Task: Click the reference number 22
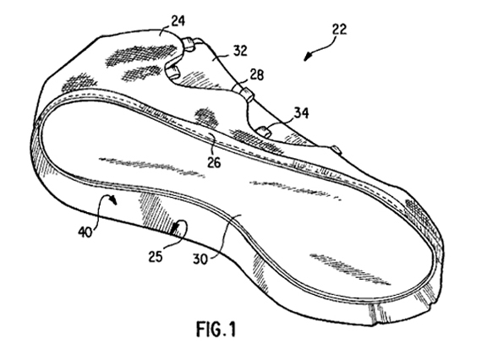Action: point(339,30)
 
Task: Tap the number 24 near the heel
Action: point(178,21)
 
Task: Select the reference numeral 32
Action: point(240,51)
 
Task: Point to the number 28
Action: point(257,74)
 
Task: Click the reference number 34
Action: point(301,112)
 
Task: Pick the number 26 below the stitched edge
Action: point(214,162)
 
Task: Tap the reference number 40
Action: point(85,232)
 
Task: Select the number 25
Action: point(156,257)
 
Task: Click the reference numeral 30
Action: point(200,259)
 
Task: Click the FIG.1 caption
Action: point(216,329)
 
